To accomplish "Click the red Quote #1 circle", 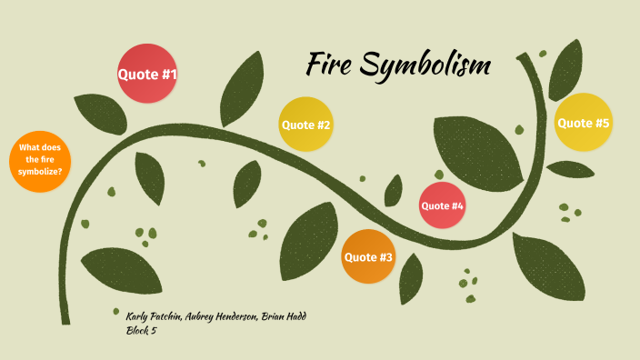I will point(147,74).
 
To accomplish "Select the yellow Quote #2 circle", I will point(305,125).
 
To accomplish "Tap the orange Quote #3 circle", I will point(368,257).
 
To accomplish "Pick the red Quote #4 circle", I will point(442,205).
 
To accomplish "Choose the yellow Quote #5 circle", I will point(583,123).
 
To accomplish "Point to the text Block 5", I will point(143,330).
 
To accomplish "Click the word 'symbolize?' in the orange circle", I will point(40,172).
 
